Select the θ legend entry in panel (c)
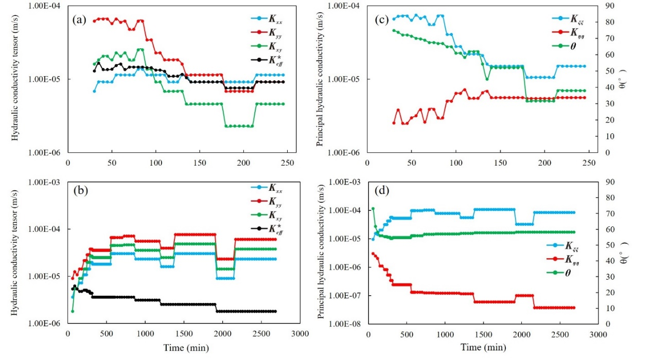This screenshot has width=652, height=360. point(566,45)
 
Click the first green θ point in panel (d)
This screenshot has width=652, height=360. point(373,208)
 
